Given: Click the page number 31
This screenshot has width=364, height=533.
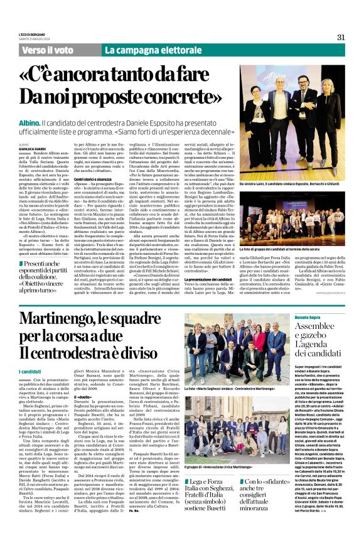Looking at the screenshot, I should (341, 36).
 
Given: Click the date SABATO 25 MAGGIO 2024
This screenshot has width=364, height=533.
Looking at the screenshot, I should (33, 40).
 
